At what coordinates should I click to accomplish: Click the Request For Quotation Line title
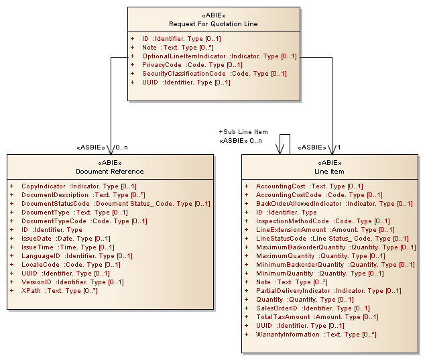click(213, 24)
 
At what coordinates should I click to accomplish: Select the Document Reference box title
click(110, 171)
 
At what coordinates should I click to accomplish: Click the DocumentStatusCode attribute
click(115, 203)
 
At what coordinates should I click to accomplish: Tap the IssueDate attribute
click(66, 238)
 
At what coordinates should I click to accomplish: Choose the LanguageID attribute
click(66, 255)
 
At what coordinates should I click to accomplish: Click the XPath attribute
click(59, 290)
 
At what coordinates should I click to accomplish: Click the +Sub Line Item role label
click(243, 132)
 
